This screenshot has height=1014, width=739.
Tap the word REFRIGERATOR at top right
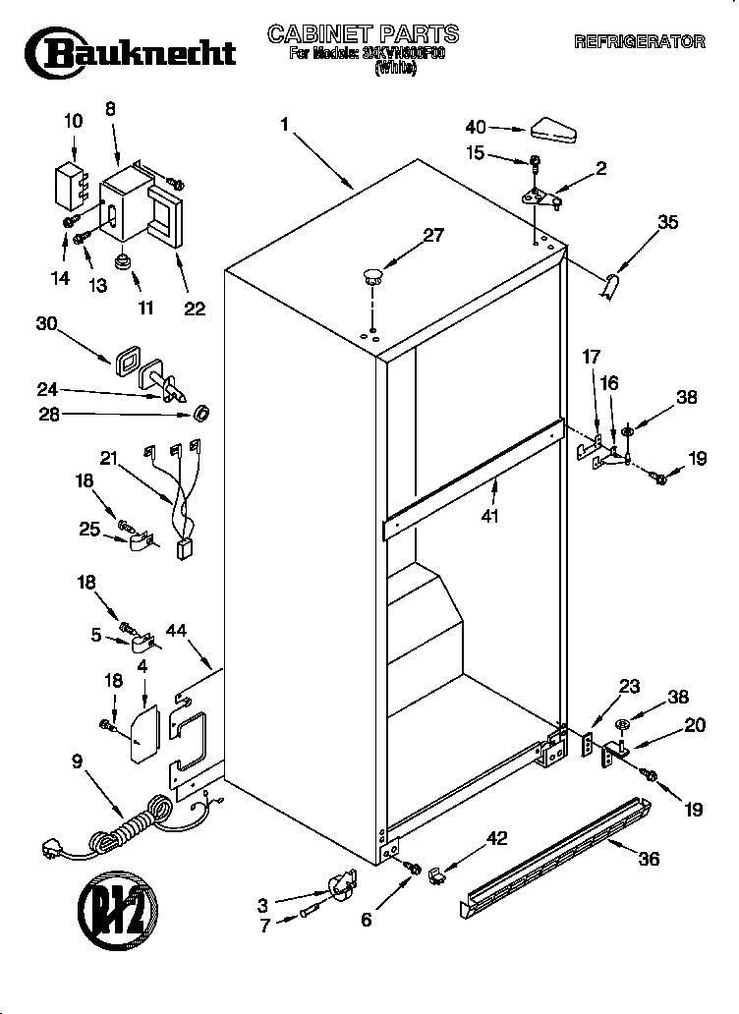(639, 42)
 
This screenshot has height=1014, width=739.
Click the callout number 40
(476, 127)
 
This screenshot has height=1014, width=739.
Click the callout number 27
(433, 235)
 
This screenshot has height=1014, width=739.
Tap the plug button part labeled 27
(370, 275)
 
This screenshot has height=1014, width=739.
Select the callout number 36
(648, 858)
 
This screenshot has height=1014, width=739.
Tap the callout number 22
(195, 309)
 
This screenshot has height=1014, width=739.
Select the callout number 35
(667, 222)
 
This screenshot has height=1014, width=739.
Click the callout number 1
(284, 125)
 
